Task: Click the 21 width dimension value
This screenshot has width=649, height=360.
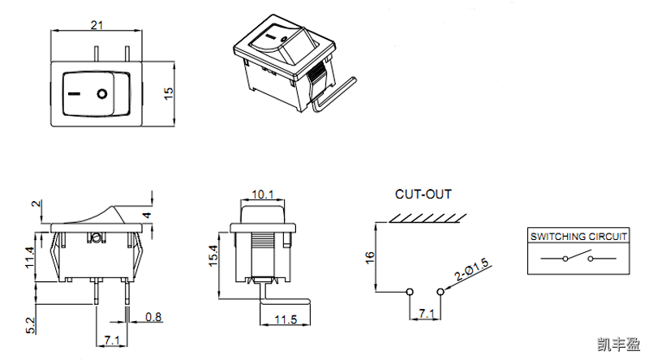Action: [x=97, y=25]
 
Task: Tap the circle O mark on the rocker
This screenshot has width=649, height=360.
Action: [x=102, y=94]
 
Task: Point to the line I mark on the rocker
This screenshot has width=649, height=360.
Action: [x=75, y=94]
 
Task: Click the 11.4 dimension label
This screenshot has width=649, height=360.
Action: [x=30, y=257]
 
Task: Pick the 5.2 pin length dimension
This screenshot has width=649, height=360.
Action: [x=30, y=326]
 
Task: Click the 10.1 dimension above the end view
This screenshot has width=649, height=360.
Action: [x=263, y=195]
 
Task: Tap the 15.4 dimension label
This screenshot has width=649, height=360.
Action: [x=214, y=255]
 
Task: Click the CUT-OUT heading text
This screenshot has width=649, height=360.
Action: [x=423, y=195]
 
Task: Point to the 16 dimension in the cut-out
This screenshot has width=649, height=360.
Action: [x=370, y=256]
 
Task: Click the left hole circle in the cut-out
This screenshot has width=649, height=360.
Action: [x=410, y=291]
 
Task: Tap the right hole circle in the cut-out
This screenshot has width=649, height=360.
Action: [x=441, y=291]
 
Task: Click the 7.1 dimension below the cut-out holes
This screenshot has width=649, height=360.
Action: [x=425, y=313]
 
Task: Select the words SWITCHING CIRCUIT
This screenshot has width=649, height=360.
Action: [x=578, y=236]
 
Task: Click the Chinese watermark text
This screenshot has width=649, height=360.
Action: [x=617, y=344]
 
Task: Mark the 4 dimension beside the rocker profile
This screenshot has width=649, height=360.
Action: [x=147, y=215]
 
